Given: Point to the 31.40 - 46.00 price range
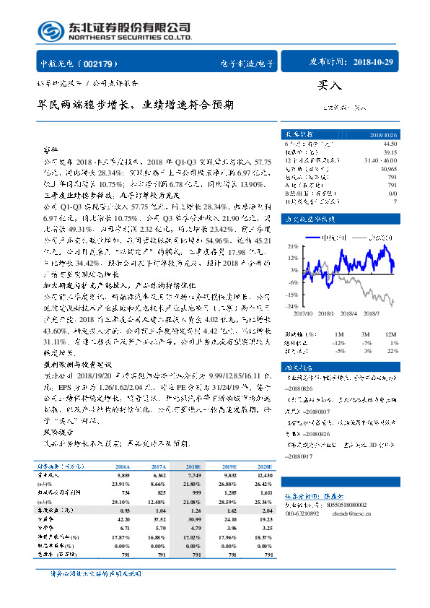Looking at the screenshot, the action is coord(381,160).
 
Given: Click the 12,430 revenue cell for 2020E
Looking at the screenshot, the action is coord(264,476).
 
